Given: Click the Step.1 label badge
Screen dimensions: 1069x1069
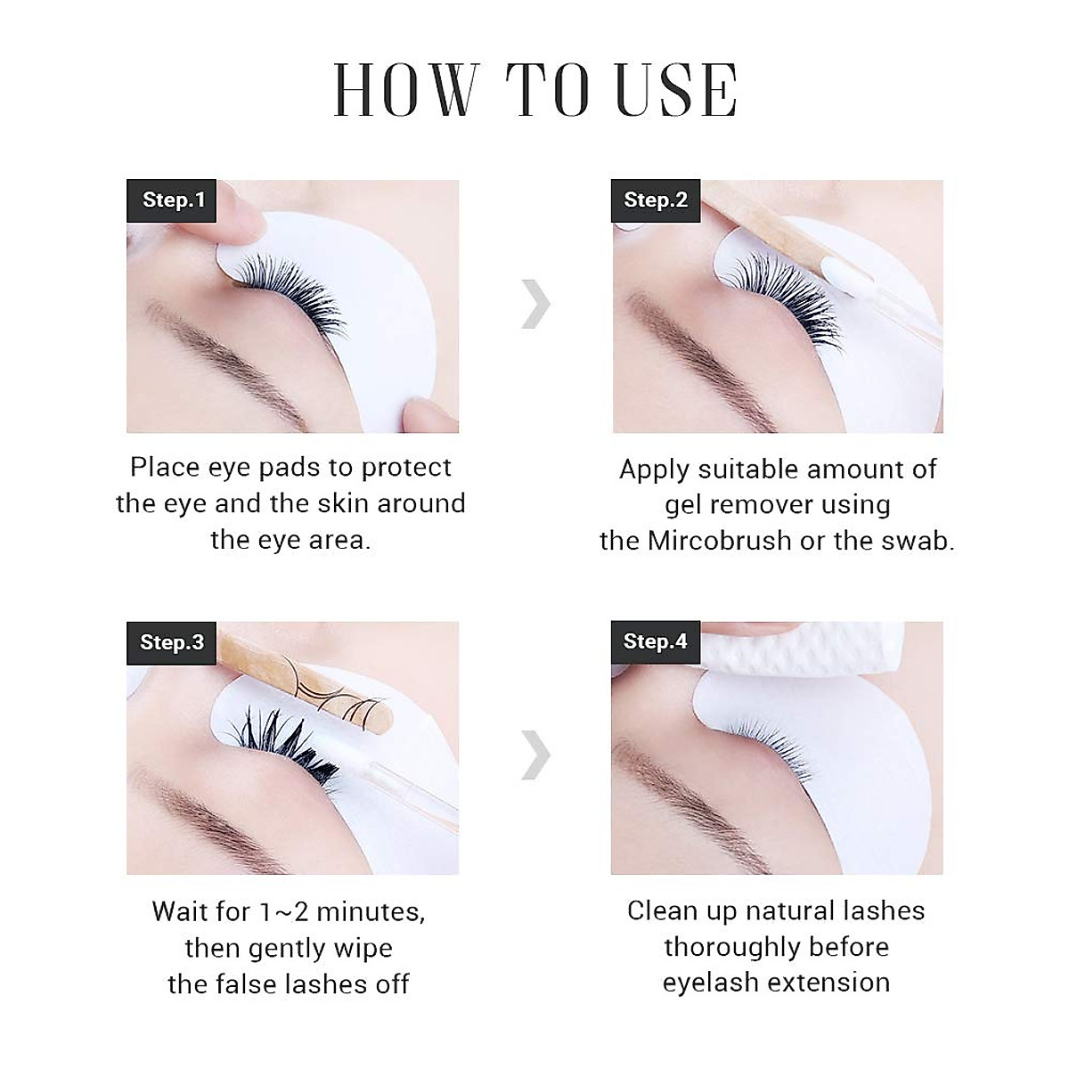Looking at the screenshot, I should (174, 200).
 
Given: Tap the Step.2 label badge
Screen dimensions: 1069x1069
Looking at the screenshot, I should (656, 200).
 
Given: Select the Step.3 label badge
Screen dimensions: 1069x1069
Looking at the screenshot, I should (172, 642).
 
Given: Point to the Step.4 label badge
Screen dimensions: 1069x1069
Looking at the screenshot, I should (656, 641).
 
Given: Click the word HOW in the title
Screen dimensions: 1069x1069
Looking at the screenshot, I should (406, 91).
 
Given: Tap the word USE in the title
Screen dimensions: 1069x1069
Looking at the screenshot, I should (677, 91).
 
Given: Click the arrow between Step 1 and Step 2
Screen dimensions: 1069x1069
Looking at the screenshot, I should (535, 303).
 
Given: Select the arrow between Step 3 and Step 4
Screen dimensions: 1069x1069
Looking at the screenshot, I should (535, 755).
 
